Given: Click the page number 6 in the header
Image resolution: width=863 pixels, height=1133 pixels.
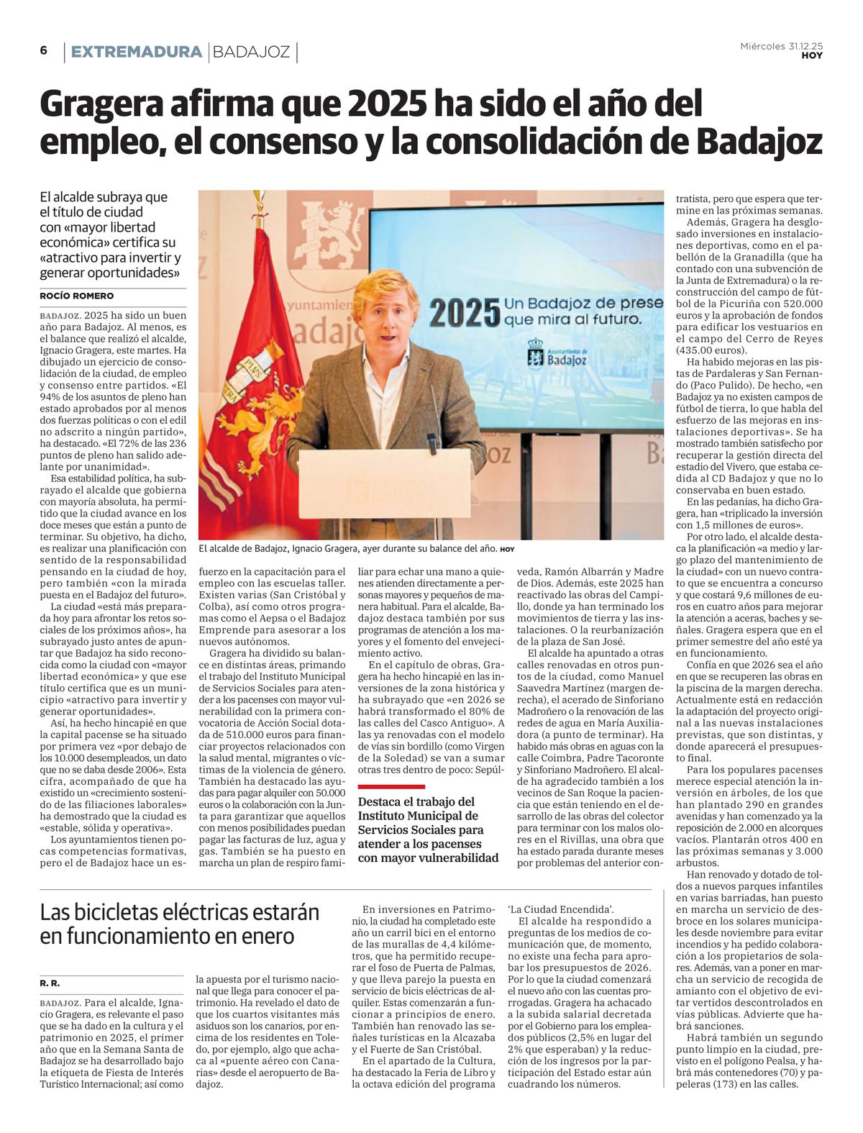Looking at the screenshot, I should pos(44,50).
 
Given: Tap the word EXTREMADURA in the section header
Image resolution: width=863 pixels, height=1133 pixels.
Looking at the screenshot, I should pos(136,52).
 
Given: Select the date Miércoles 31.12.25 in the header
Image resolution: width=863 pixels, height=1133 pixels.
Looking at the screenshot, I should pos(781,45).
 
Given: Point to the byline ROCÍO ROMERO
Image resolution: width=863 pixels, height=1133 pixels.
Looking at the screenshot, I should pos(76,296).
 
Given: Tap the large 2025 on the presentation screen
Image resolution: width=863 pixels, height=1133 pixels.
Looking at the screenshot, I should pos(464,312).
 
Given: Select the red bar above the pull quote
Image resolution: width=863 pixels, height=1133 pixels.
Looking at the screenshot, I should pos(391,786).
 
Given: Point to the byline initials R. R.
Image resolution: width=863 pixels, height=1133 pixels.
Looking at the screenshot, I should pos(50,982).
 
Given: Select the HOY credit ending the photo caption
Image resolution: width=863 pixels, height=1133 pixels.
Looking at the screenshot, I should pos(508,550).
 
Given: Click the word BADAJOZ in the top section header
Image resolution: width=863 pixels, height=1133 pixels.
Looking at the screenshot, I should pos(252,52).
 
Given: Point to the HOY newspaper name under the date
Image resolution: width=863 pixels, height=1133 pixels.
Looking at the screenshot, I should pos(812,56).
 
